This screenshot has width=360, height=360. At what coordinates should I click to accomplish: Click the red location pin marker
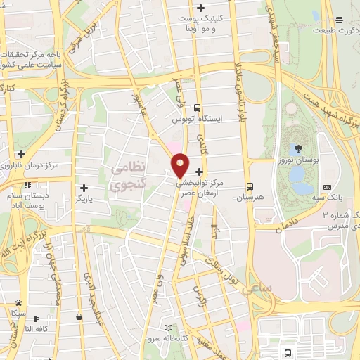[181, 166]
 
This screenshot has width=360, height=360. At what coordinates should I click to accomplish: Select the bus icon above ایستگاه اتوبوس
[198, 108]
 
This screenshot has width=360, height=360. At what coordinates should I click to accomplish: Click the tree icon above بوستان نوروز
[300, 148]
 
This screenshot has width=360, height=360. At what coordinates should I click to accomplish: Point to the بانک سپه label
[328, 200]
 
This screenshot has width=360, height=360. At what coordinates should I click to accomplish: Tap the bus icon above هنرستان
[250, 187]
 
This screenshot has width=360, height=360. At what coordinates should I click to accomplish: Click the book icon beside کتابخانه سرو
[167, 328]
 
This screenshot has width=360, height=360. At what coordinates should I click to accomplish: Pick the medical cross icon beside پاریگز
[84, 188]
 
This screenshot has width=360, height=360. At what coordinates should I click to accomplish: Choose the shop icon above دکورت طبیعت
[339, 20]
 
